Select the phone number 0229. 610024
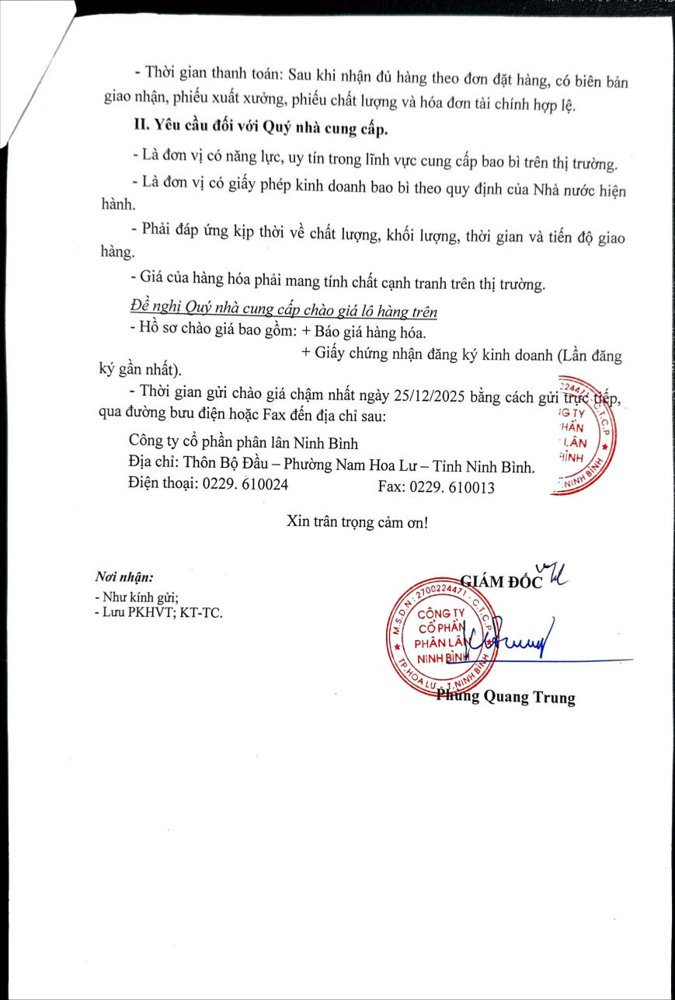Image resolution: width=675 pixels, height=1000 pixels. coord(245,486)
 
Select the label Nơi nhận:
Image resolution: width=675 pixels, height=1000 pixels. coord(124,577)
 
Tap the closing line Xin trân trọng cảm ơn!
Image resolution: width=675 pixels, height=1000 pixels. coord(357,521)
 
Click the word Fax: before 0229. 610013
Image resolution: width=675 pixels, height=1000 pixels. coord(391,487)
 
